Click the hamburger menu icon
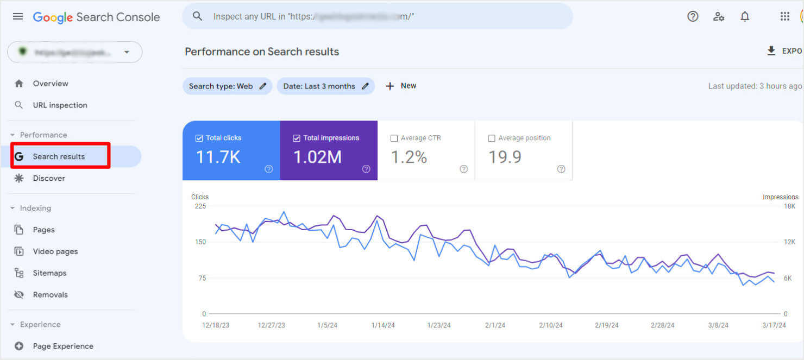tap(18, 16)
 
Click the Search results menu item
tap(59, 156)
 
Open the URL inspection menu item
tap(60, 105)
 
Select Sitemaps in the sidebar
tap(49, 273)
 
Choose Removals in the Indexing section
tap(50, 295)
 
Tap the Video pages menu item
tap(55, 251)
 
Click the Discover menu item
tap(49, 178)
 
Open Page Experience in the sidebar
tap(63, 346)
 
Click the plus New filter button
tap(401, 86)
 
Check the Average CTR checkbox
tap(394, 138)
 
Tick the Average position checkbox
tap(492, 138)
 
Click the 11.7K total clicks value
tap(218, 157)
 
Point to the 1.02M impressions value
tap(317, 157)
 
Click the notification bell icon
tap(745, 16)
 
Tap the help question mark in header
tap(693, 16)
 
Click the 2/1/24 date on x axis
tap(495, 325)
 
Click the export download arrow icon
tap(771, 50)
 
